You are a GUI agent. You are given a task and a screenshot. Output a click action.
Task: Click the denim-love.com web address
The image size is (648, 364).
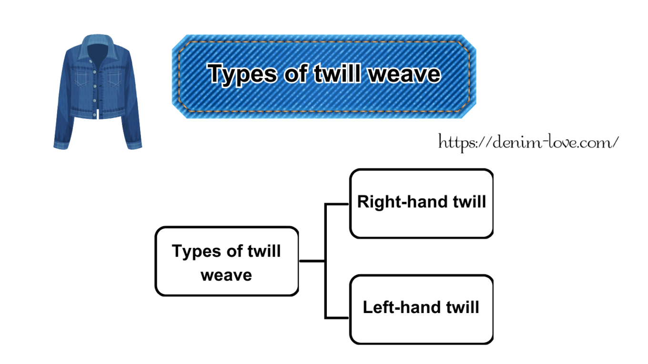tap(528, 141)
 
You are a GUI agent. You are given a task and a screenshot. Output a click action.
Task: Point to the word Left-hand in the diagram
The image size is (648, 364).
tap(402, 307)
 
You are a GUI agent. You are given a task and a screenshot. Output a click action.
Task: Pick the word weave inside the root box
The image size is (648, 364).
tap(226, 275)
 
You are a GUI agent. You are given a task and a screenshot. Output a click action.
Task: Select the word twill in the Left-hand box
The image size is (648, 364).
tap(462, 307)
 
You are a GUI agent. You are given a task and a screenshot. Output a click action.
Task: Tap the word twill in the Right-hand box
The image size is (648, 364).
tap(469, 202)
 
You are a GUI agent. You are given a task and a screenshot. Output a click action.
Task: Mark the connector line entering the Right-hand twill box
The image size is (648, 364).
tap(337, 204)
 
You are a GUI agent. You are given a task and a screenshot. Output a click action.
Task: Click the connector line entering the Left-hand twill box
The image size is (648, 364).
tap(337, 317)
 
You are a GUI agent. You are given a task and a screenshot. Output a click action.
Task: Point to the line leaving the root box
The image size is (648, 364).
tap(312, 261)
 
